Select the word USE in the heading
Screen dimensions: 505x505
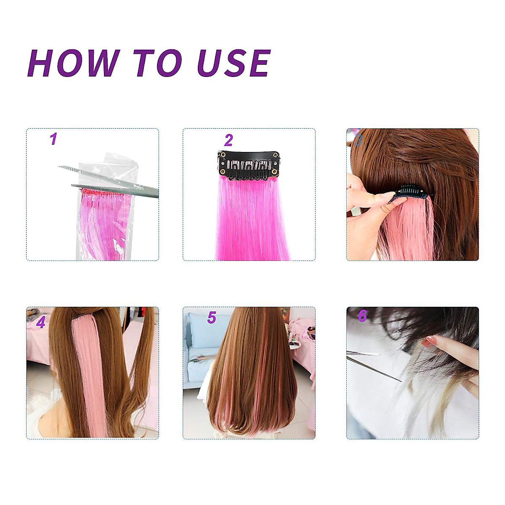tap(234, 63)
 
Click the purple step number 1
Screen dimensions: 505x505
tap(53, 139)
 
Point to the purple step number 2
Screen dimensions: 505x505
tap(229, 140)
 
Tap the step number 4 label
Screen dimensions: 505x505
tap(41, 322)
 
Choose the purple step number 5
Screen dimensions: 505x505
tap(212, 318)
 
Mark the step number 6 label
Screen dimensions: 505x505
tap(362, 316)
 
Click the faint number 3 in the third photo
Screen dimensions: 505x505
tap(358, 140)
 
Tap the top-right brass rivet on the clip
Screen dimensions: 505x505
tap(276, 156)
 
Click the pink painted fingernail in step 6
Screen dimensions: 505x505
tap(429, 341)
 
